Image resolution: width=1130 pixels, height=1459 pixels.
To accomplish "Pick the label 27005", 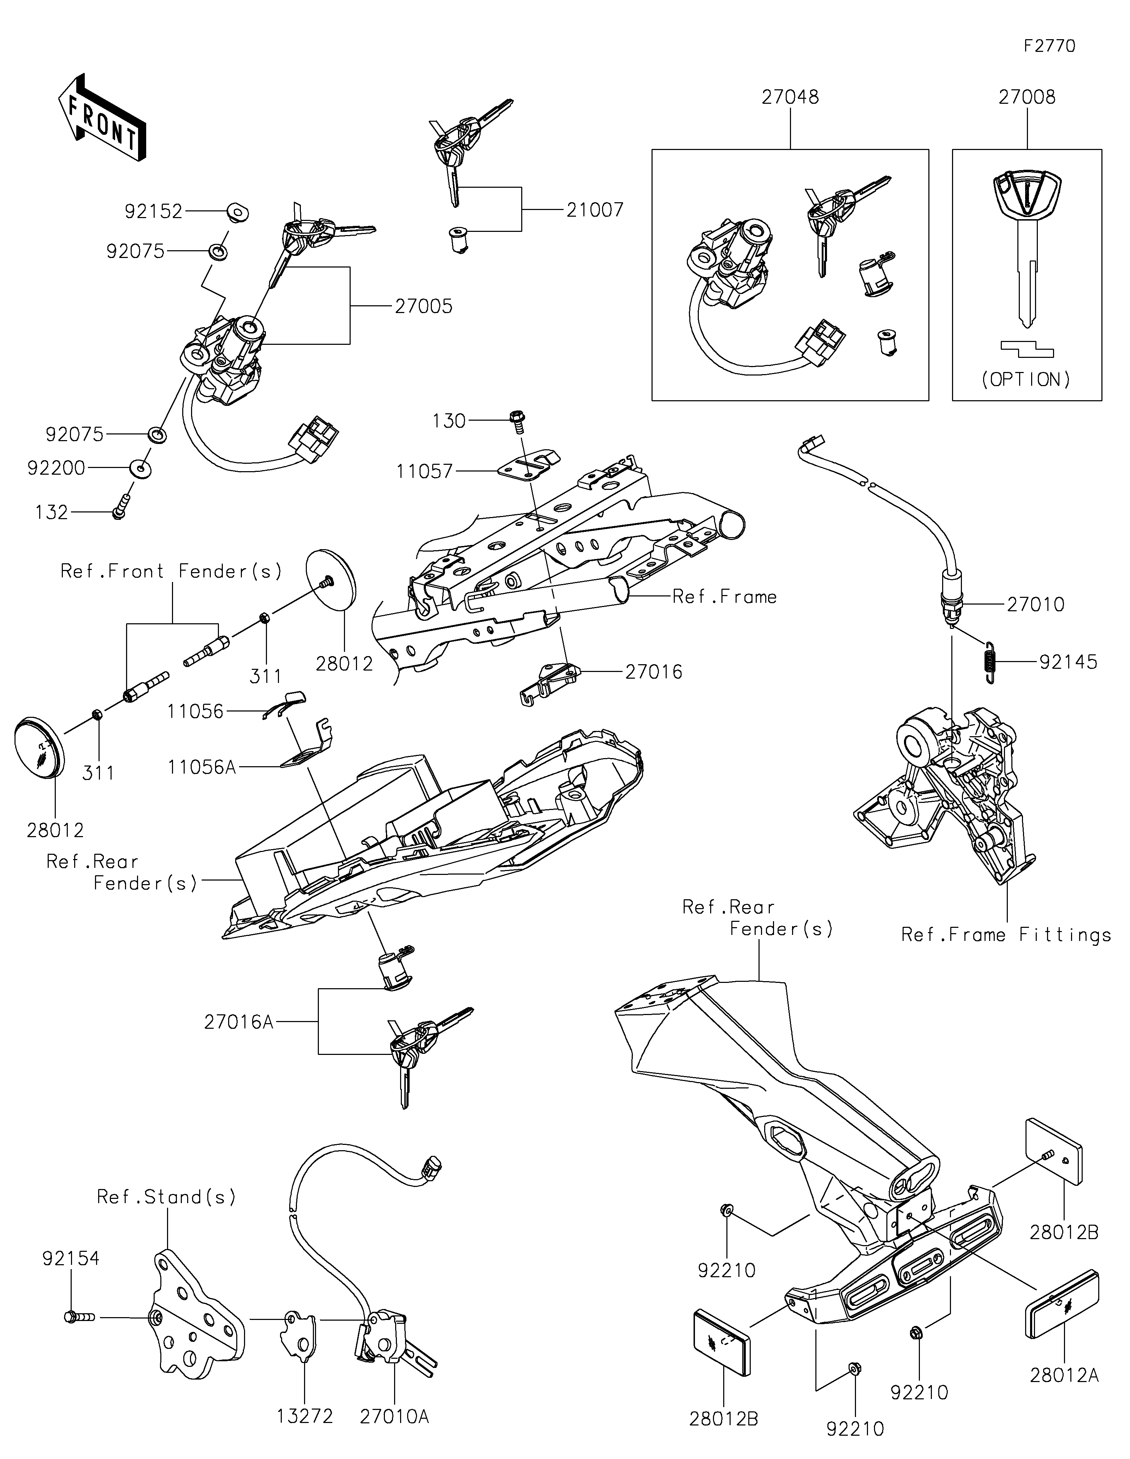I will (x=424, y=307).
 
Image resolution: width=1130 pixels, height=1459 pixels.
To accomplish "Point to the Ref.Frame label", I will (x=724, y=596).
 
